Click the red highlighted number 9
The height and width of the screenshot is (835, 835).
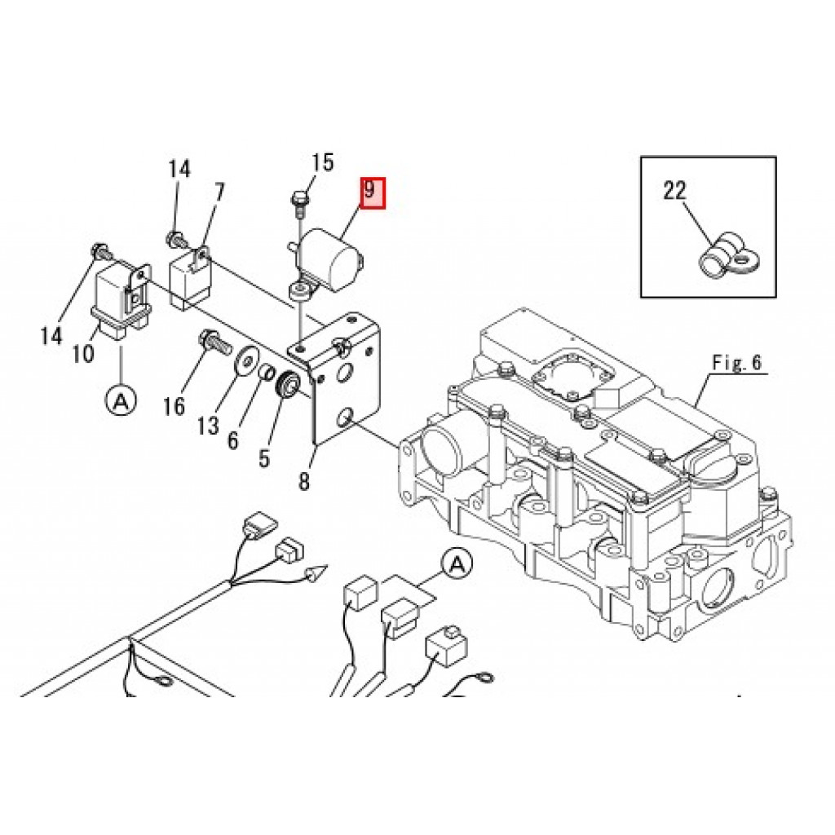[373, 192]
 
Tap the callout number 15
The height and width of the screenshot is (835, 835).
[322, 161]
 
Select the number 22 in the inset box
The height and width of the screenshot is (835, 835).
[674, 190]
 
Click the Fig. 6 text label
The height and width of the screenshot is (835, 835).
[737, 363]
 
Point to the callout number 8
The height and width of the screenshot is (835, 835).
[303, 481]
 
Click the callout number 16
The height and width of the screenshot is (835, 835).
[174, 406]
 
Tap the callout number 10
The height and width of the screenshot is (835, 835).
[84, 352]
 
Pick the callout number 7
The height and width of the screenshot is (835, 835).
[219, 192]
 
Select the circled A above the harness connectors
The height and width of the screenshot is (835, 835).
[457, 564]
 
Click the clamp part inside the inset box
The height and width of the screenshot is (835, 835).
[729, 258]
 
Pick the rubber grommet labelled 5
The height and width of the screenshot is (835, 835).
[290, 383]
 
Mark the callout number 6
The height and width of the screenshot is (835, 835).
[232, 440]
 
